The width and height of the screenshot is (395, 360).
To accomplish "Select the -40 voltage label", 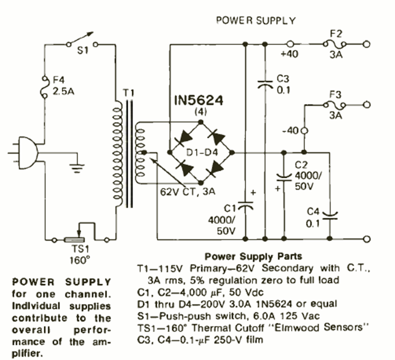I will tap(290, 131).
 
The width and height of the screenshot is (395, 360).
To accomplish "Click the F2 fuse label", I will tap(335, 34).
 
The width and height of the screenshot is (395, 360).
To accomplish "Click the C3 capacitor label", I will tap(284, 79).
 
